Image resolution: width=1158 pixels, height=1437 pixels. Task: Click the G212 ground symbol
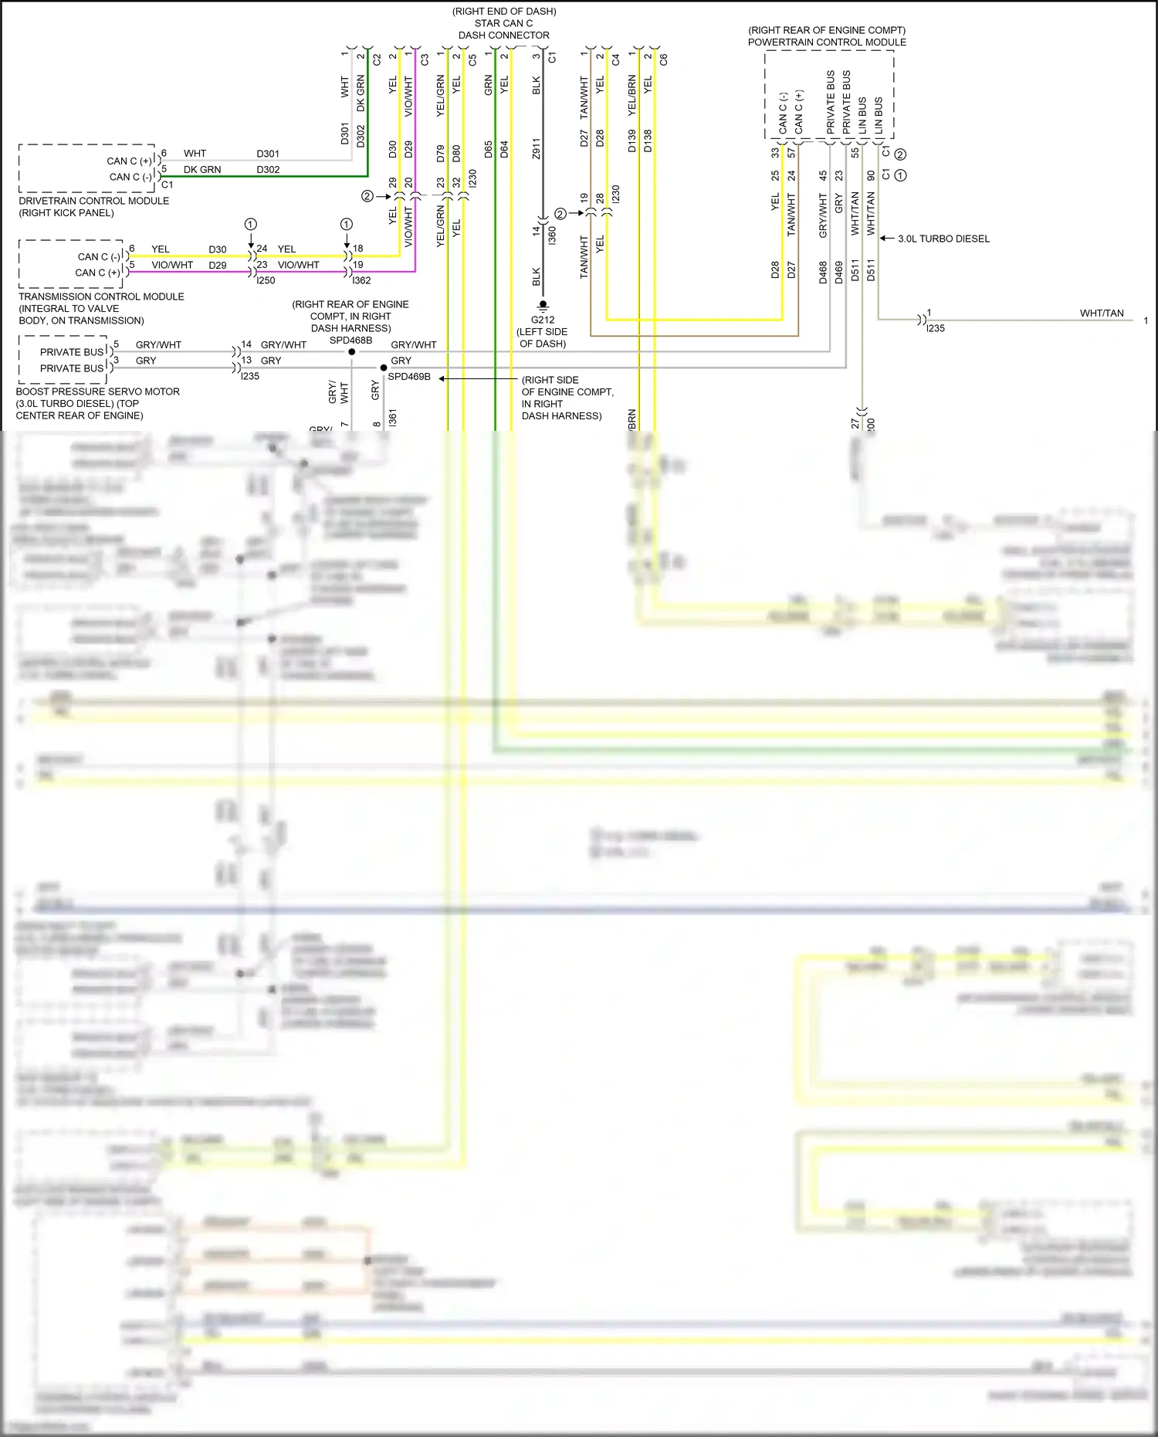tap(543, 306)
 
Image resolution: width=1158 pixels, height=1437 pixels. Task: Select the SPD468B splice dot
tap(352, 352)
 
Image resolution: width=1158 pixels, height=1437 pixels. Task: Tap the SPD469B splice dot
tap(384, 368)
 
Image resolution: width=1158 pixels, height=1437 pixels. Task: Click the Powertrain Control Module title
tap(827, 42)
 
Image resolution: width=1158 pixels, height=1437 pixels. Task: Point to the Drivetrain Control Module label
tap(93, 201)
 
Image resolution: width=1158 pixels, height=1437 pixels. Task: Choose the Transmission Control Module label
tap(101, 297)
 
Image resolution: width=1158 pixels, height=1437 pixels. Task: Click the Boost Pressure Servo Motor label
tap(97, 391)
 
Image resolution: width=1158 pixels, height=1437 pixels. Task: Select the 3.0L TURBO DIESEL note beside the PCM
tap(943, 239)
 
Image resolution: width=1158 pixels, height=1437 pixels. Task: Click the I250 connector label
tap(266, 280)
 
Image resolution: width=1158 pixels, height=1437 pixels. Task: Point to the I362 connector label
tap(361, 280)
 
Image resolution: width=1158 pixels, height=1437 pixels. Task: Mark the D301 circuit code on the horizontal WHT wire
tap(268, 154)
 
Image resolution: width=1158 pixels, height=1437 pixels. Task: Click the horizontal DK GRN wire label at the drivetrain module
tap(202, 169)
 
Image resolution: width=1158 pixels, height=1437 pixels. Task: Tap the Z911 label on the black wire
tap(537, 149)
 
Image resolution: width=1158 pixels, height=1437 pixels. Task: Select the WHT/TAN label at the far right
tap(1102, 313)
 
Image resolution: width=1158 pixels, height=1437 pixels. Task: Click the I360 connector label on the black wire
tap(552, 236)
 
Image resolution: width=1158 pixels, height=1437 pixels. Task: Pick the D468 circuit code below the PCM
tap(823, 273)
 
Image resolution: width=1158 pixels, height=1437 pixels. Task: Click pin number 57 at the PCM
tap(791, 153)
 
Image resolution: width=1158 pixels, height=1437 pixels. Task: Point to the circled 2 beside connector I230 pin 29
tap(367, 196)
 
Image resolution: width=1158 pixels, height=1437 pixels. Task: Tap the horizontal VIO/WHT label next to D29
tap(172, 265)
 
